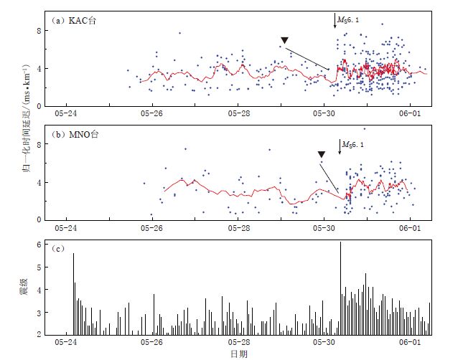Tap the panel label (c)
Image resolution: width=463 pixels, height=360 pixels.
pos(57,248)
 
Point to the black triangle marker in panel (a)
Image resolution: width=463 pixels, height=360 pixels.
pos(285,40)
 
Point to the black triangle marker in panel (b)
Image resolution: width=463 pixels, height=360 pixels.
pos(322,153)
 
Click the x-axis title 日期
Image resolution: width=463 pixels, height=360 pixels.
pos(238,354)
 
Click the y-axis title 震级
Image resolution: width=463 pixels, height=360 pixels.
pos(24,288)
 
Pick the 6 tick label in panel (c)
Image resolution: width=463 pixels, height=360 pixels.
pos(37,245)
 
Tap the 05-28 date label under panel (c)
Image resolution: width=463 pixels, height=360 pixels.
pos(238,343)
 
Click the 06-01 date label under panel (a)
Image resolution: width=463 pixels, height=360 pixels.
pos(410,113)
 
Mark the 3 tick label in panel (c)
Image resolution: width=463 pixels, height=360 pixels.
pos(37,312)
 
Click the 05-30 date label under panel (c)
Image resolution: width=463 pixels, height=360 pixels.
pos(324,343)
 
